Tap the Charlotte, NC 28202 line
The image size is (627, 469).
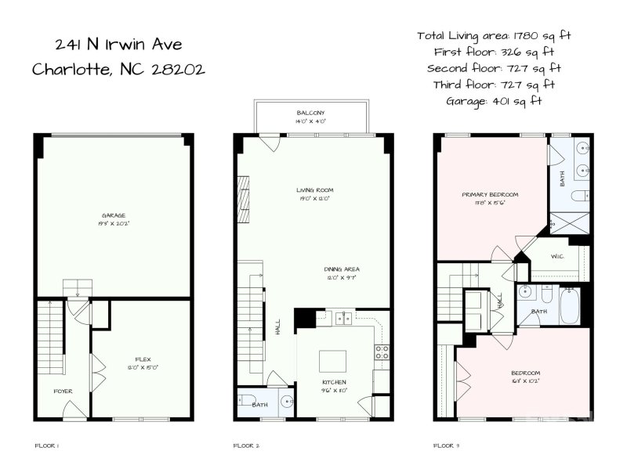tap(118, 69)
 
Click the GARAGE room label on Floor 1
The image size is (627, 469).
tap(114, 215)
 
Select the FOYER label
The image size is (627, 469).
tap(63, 391)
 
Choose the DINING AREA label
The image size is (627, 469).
tap(342, 269)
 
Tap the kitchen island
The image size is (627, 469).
tap(334, 359)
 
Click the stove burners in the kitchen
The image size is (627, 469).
tap(382, 352)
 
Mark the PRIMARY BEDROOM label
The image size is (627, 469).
tap(489, 194)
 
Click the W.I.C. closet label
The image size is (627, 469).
tap(558, 256)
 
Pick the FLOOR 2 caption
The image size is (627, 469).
tap(246, 446)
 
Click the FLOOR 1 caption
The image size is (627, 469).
tap(47, 446)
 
